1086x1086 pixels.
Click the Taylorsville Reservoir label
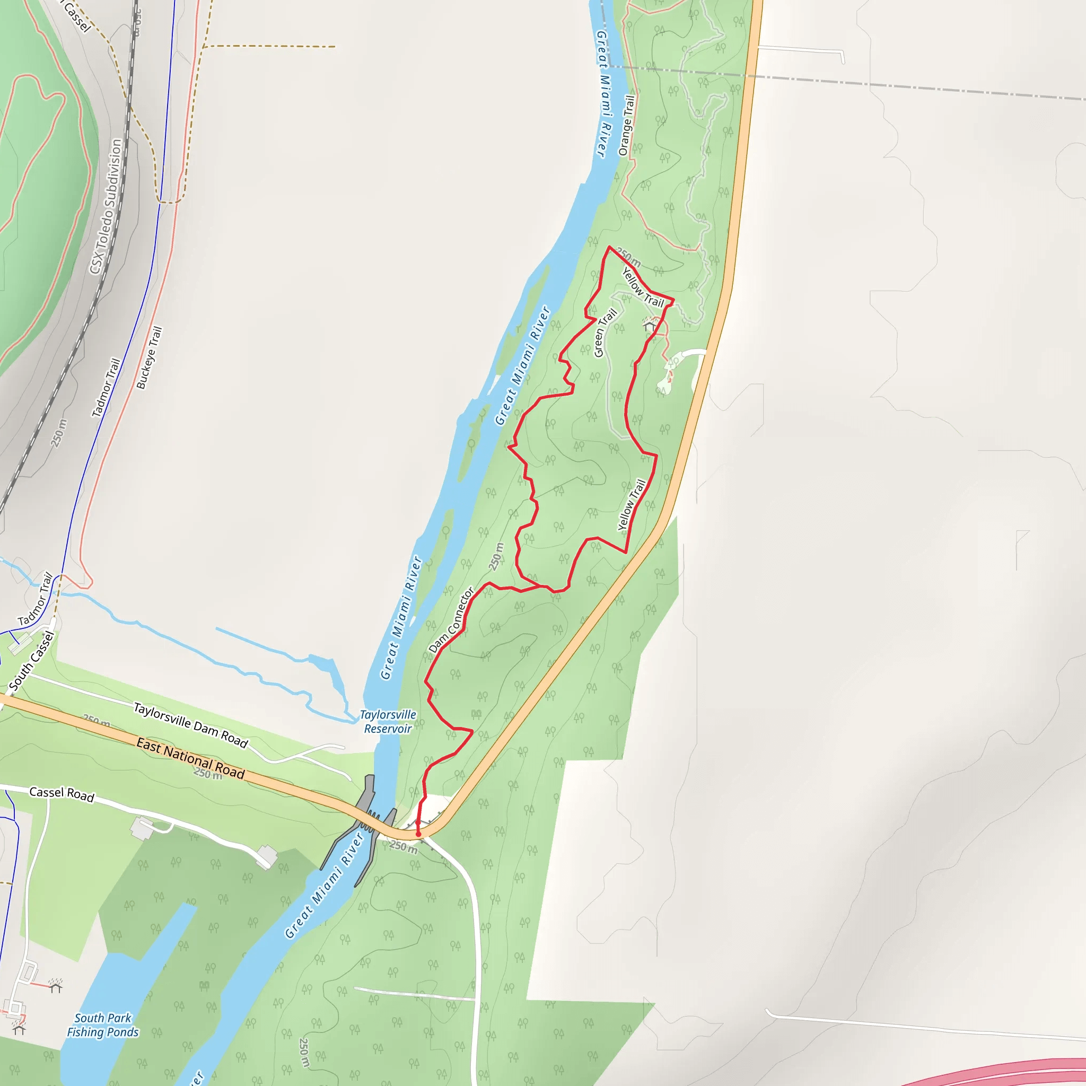pyautogui.click(x=388, y=722)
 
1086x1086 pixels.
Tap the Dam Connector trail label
pyautogui.click(x=451, y=620)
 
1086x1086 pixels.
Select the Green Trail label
pyautogui.click(x=606, y=333)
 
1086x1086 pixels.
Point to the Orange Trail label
pyautogui.click(x=626, y=125)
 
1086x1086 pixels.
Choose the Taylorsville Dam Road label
pyautogui.click(x=190, y=725)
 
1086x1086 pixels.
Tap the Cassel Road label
pyautogui.click(x=62, y=793)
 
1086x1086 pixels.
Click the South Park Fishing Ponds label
pyautogui.click(x=103, y=1024)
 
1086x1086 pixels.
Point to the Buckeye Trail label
pyautogui.click(x=149, y=357)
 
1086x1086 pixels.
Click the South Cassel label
pyautogui.click(x=32, y=661)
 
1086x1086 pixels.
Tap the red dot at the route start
pyautogui.click(x=418, y=834)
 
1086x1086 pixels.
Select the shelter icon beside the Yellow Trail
pyautogui.click(x=650, y=325)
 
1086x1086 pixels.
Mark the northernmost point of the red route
pyautogui.click(x=609, y=247)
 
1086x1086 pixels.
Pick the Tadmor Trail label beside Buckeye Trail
pyautogui.click(x=106, y=388)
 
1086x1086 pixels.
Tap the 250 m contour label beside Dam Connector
pyautogui.click(x=495, y=556)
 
